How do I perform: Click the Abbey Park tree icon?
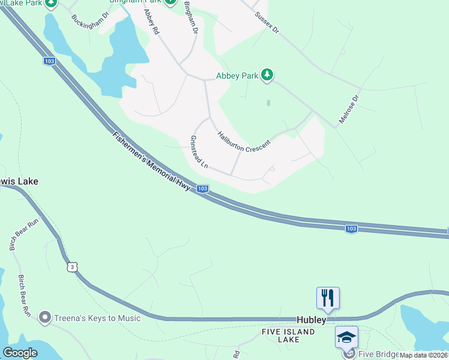pyautogui.click(x=267, y=75)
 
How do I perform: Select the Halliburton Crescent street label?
pyautogui.click(x=244, y=142)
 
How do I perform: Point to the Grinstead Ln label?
pyautogui.click(x=199, y=152)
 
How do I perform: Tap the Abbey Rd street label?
pyautogui.click(x=151, y=21)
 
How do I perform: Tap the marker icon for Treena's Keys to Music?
pyautogui.click(x=44, y=317)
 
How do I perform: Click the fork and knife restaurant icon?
pyautogui.click(x=328, y=298)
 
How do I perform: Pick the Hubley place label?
pyautogui.click(x=312, y=320)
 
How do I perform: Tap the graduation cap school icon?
pyautogui.click(x=347, y=338)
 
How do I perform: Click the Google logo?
pyautogui.click(x=20, y=353)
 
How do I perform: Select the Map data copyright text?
pyautogui.click(x=424, y=355)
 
